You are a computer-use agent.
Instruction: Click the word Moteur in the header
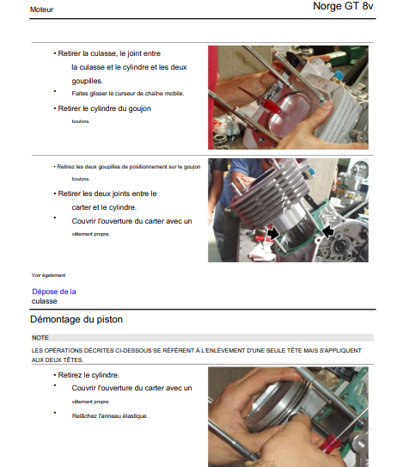pos(41,9)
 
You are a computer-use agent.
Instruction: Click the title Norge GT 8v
pos(343,6)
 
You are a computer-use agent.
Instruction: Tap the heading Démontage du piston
pos(76,319)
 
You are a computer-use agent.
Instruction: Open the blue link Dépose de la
pos(54,292)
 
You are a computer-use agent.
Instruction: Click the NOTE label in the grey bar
pos(40,338)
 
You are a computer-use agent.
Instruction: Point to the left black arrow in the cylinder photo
pos(273,233)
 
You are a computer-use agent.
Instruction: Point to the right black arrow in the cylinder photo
pos(328,231)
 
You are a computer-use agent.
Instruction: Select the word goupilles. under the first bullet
pos(87,81)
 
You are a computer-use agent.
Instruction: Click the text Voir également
pos(48,275)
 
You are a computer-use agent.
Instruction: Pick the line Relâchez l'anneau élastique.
pos(110,415)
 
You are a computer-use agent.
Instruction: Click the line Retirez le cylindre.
pos(89,375)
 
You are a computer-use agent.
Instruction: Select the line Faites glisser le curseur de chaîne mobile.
pos(128,94)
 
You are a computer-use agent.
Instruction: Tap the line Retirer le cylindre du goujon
pos(104,108)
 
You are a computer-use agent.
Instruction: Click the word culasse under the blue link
pos(45,301)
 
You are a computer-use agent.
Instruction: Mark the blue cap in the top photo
pos(339,76)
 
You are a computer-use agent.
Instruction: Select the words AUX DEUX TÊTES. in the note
pos(58,359)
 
